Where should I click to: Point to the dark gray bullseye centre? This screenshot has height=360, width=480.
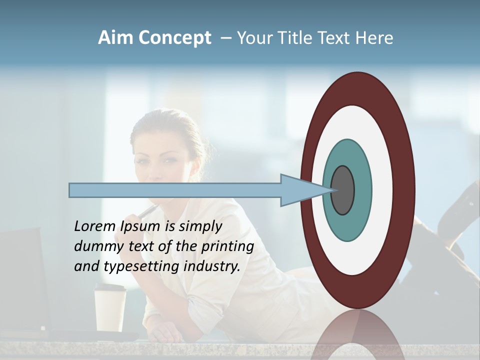pyautogui.click(x=343, y=190)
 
